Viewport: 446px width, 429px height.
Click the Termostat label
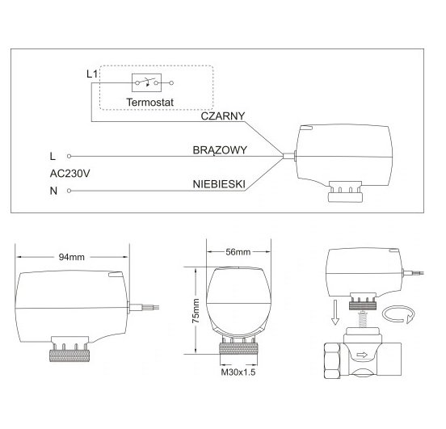150,102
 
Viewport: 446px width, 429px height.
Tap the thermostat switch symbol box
146,82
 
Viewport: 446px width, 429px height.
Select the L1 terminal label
92,74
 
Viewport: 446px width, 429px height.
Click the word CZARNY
223,116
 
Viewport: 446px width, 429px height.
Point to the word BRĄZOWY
220,150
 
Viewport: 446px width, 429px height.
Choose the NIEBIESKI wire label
219,184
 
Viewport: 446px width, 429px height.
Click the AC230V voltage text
70,174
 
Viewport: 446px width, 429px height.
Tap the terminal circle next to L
69,156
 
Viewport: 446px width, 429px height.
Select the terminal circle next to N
69,191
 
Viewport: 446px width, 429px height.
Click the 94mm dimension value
72,257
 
